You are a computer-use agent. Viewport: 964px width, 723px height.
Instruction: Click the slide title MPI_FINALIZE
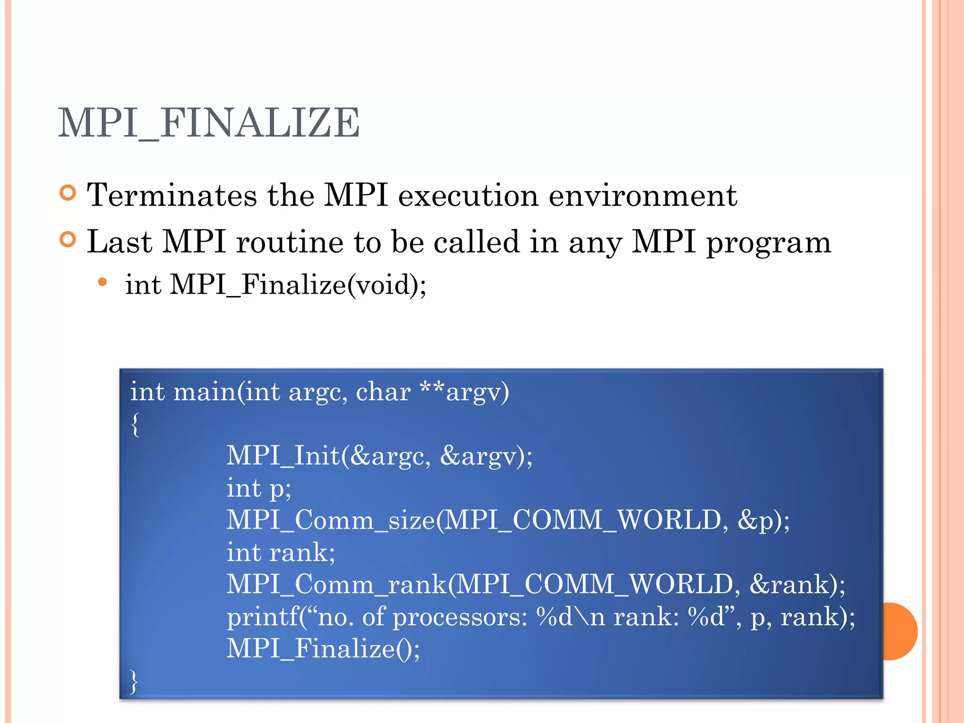click(x=209, y=123)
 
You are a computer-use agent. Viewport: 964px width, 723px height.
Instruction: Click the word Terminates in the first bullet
click(x=172, y=195)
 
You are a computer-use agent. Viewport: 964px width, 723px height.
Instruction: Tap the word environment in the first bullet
click(x=643, y=195)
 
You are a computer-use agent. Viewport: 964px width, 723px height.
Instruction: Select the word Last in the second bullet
click(x=120, y=242)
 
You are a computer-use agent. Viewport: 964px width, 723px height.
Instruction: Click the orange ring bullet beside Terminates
click(x=68, y=193)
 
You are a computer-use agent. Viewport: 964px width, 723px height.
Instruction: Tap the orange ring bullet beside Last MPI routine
click(x=68, y=240)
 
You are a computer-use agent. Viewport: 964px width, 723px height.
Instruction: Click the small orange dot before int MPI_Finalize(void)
click(x=103, y=282)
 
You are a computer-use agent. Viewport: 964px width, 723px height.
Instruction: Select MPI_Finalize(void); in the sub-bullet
click(x=298, y=285)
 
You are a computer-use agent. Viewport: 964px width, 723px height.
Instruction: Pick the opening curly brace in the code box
click(x=136, y=425)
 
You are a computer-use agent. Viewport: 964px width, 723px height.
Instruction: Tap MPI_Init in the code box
click(x=283, y=456)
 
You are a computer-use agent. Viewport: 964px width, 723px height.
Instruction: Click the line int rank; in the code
click(x=281, y=553)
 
